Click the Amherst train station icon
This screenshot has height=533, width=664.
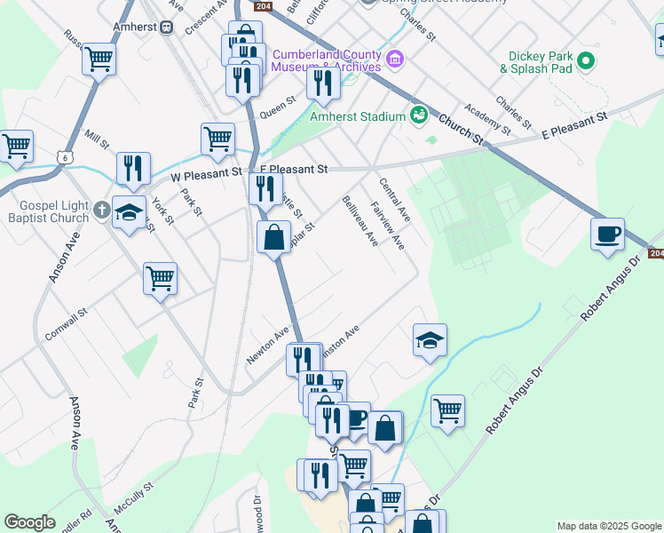166,28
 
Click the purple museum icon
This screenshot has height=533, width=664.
396,60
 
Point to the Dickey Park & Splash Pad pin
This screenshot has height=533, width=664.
585,60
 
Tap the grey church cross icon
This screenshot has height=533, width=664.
102,211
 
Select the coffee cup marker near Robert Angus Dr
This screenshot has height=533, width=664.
607,235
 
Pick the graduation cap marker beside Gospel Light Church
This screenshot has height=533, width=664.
130,213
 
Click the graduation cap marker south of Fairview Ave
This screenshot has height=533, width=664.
430,340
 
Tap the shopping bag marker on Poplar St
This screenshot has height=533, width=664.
274,237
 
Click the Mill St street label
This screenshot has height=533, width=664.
96,139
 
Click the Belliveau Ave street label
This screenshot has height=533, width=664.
360,221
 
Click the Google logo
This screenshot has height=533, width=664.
29,522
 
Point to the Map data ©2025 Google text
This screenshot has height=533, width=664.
608,526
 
